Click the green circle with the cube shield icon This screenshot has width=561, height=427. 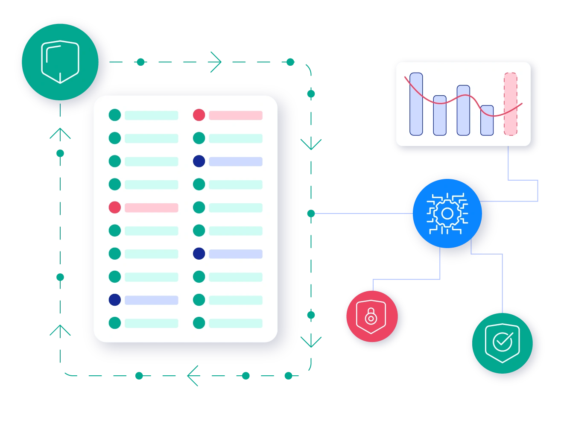point(60,62)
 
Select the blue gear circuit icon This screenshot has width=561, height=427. point(447,213)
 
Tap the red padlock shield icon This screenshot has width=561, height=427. point(371,317)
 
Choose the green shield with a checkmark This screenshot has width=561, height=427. point(502,342)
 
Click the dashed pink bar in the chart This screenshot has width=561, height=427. point(510,104)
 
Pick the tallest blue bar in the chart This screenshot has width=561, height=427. point(416,104)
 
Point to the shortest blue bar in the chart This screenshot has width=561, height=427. point(487,120)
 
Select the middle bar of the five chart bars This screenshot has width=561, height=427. point(463,110)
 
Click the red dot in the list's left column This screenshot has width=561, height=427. point(115,208)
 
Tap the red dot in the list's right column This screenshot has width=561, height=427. point(199,115)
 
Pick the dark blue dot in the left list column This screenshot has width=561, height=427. point(115,300)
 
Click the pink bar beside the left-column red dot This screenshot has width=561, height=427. point(151,208)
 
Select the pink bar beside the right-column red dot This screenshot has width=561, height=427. point(235,115)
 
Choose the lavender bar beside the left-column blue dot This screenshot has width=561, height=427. point(151,300)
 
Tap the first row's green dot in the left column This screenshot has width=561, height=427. point(115,115)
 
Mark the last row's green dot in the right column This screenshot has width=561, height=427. point(199,323)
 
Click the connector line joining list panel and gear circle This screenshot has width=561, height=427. point(359,213)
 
